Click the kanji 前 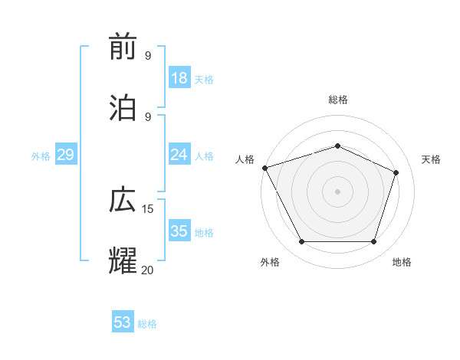point(123,47)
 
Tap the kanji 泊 point(123,107)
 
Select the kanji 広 point(123,201)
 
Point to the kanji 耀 point(123,260)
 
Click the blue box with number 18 point(179,78)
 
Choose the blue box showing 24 point(179,155)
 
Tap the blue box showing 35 point(179,231)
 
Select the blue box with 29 point(65,155)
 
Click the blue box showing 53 point(123,322)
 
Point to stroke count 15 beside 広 point(148,209)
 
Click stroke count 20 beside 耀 point(148,270)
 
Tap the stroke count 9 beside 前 point(148,56)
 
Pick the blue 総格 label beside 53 point(147,324)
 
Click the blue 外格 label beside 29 point(41,156)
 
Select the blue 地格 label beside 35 point(204,233)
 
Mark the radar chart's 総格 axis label point(337,100)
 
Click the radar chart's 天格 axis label point(431,159)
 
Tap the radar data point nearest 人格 point(264,168)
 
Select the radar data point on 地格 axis point(373,242)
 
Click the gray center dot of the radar point(337,191)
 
